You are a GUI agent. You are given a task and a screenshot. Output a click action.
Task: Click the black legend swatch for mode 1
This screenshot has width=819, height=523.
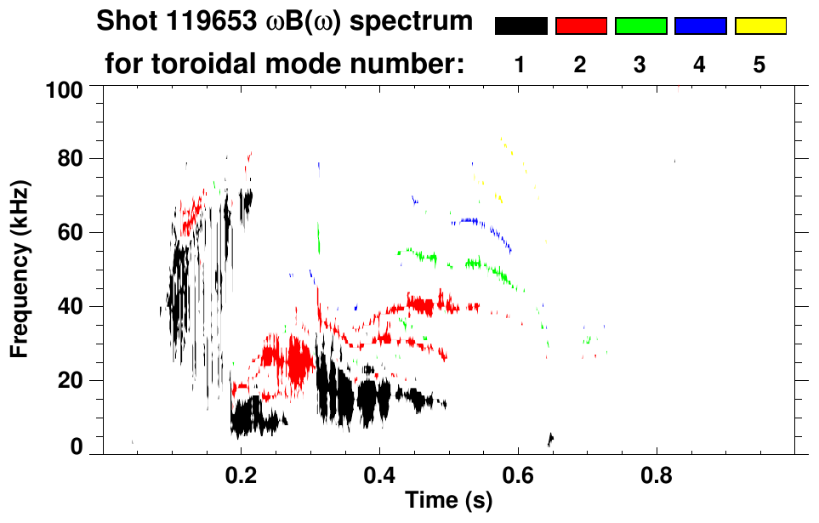point(520,26)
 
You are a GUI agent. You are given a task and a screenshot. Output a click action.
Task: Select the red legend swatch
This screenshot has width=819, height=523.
point(581,26)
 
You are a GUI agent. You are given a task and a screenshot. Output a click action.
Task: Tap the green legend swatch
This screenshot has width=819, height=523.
point(640,26)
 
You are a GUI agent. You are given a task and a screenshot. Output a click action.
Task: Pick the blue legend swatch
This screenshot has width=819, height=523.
point(700,26)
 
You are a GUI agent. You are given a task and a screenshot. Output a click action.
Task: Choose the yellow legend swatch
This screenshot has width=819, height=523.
point(760,26)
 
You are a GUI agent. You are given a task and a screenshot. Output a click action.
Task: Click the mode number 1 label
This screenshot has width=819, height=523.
point(520,65)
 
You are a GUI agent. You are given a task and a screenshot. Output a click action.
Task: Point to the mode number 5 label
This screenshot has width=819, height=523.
point(759,65)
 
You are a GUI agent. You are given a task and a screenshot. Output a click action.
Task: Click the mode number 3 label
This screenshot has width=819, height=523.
point(640,65)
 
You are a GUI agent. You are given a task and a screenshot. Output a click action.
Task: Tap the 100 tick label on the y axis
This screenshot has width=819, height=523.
point(64,88)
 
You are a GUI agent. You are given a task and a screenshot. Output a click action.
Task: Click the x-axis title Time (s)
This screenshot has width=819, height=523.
point(448,501)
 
